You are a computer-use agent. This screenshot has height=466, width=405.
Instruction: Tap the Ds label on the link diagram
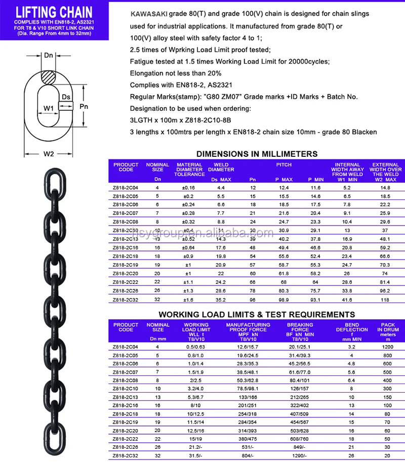pyautogui.click(x=66, y=96)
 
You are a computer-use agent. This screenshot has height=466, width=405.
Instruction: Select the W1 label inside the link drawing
pyautogui.click(x=49, y=108)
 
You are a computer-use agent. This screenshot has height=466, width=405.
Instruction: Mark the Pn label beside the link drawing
pyautogui.click(x=84, y=107)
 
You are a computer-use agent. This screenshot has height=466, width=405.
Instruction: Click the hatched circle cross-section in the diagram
pyautogui.click(x=49, y=78)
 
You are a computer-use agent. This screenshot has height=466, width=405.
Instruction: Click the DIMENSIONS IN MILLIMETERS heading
pyautogui.click(x=257, y=154)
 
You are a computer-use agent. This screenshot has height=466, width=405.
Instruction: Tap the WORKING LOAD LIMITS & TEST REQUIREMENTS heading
pyautogui.click(x=257, y=314)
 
